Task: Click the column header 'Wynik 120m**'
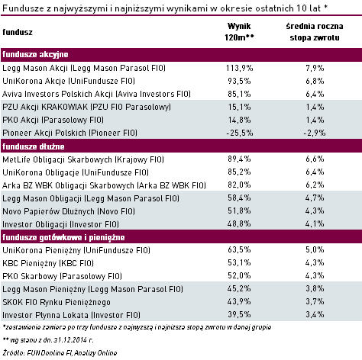pos(239,32)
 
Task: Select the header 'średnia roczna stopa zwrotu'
pos(315,32)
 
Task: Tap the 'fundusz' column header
pos(18,32)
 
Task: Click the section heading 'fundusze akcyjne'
pos(35,54)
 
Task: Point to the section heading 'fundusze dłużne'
pos(34,146)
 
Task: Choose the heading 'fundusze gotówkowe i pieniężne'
pos(63,237)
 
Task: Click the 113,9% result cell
pos(239,68)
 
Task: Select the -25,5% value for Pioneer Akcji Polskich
pos(240,133)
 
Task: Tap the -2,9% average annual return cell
pos(315,133)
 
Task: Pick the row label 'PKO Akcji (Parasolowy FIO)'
pos(53,120)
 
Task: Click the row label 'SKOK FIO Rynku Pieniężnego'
pos(57,302)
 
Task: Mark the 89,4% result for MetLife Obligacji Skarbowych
pos(239,159)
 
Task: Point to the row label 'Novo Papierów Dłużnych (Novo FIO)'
pos(69,211)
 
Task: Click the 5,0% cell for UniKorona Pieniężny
pos(315,249)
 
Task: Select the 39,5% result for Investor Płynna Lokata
pos(239,314)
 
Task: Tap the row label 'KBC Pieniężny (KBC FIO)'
pos(48,263)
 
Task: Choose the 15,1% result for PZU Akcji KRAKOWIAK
pos(239,107)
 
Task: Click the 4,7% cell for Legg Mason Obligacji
pos(315,198)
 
